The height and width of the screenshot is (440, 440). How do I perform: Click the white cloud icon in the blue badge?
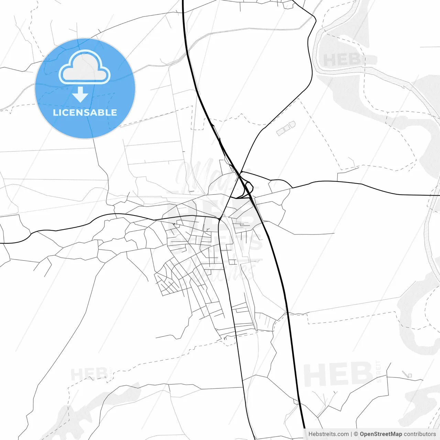point(85,68)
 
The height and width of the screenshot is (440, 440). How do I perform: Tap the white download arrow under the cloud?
point(80,95)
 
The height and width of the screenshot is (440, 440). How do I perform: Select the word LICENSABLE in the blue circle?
point(85,112)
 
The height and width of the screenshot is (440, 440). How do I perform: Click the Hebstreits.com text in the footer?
point(328,434)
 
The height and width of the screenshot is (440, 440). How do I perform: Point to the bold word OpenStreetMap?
point(381,434)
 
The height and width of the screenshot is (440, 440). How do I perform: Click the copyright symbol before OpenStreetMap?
point(356,434)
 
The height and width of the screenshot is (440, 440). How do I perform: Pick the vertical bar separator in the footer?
point(351,434)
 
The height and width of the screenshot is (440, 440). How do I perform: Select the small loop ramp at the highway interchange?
point(248,187)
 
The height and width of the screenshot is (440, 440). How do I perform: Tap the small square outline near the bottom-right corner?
point(410,376)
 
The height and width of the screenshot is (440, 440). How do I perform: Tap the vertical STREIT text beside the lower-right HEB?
point(379,371)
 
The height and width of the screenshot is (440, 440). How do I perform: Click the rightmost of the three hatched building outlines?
point(292,124)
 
